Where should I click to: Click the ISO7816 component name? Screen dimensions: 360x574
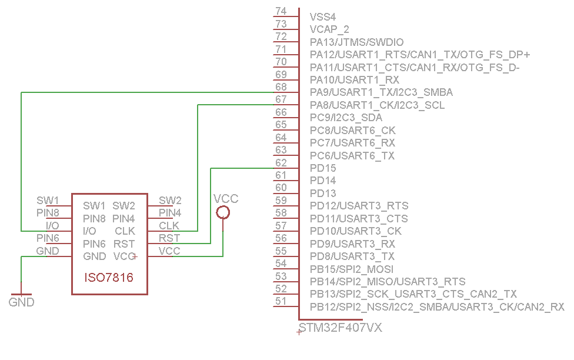[x=109, y=278]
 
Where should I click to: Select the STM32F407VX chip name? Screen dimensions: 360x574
[x=341, y=328]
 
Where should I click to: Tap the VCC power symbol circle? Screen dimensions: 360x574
[x=223, y=212]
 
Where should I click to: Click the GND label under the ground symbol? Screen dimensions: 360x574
[x=21, y=302]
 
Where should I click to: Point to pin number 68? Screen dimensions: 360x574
[x=281, y=87]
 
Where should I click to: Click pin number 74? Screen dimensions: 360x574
[x=281, y=11]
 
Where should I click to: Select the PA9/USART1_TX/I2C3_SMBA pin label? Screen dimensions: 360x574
[x=381, y=92]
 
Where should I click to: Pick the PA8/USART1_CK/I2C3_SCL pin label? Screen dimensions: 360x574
[x=377, y=105]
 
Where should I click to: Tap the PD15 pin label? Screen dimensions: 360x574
[x=323, y=168]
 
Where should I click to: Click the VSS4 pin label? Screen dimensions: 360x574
[x=322, y=17]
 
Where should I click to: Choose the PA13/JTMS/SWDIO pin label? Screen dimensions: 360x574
[x=356, y=42]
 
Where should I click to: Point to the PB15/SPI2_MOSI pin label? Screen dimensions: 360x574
[x=352, y=269]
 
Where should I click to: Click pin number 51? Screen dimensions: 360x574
[x=281, y=302]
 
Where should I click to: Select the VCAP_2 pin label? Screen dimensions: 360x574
[x=329, y=29]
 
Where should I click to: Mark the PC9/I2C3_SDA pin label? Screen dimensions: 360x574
[x=346, y=118]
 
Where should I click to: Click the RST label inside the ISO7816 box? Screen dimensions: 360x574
[x=124, y=244]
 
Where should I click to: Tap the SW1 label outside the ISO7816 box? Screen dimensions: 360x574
[x=48, y=201]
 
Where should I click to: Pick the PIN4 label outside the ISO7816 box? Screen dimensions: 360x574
[x=170, y=212]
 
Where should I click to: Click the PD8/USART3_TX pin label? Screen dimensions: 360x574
[x=352, y=256]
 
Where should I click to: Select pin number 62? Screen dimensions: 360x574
[x=281, y=163]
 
